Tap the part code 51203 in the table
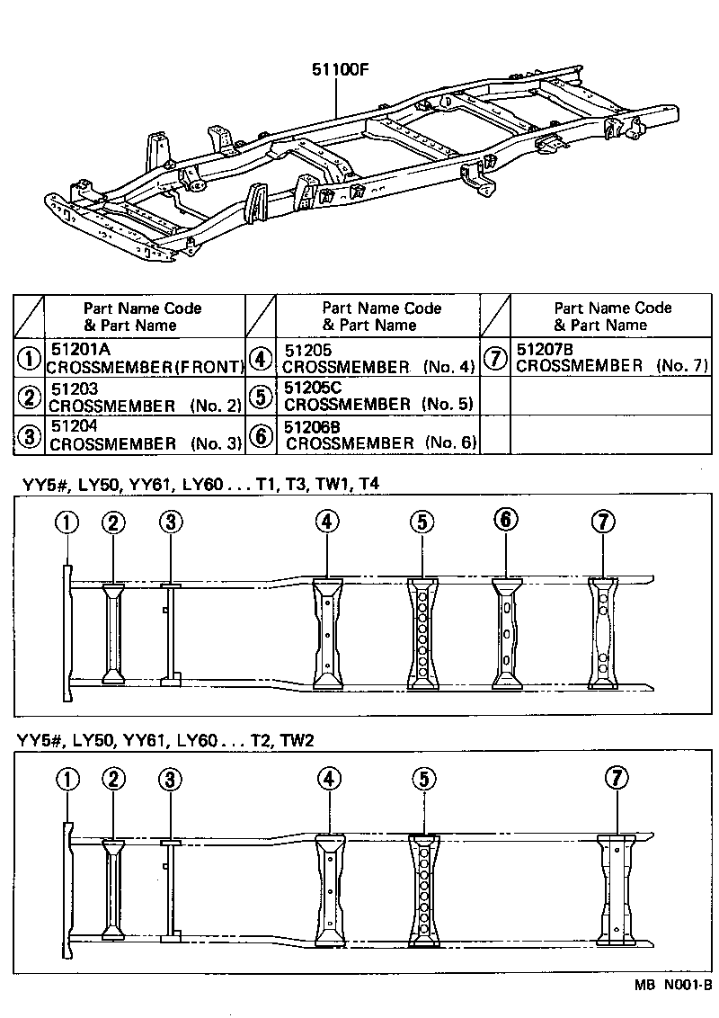click(74, 388)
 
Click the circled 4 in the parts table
click(261, 358)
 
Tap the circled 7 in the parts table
click(495, 357)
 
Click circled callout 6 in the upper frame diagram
click(506, 520)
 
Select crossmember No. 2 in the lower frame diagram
click(113, 891)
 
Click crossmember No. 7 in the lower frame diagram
click(617, 890)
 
